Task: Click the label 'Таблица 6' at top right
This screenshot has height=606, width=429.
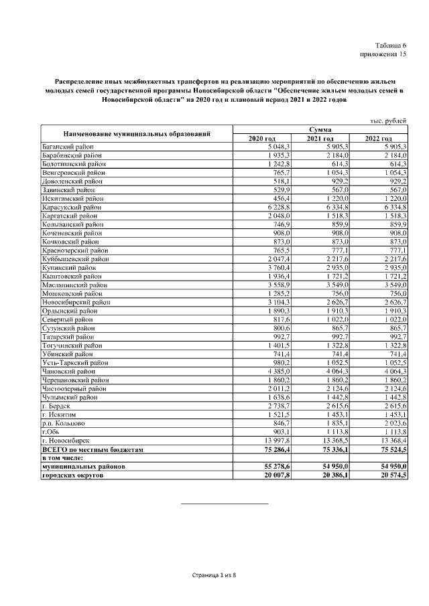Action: pyautogui.click(x=389, y=44)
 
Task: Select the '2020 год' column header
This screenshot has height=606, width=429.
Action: pyautogui.click(x=262, y=138)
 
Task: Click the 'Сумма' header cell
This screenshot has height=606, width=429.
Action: pyautogui.click(x=320, y=129)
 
